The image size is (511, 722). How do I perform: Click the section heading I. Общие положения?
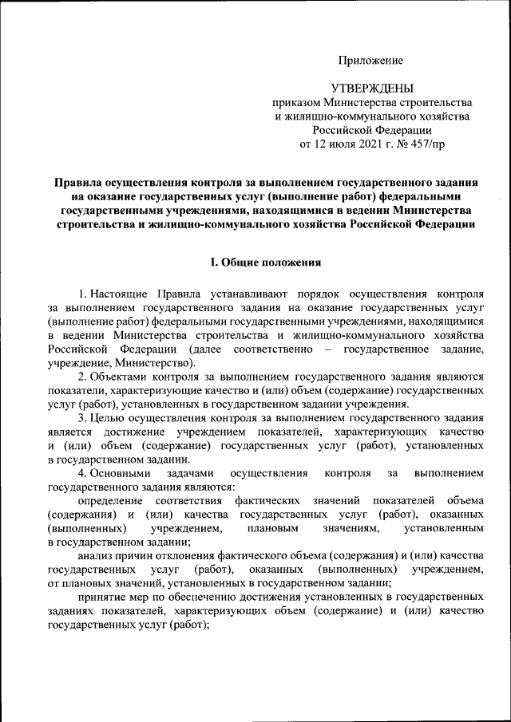[x=265, y=262]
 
